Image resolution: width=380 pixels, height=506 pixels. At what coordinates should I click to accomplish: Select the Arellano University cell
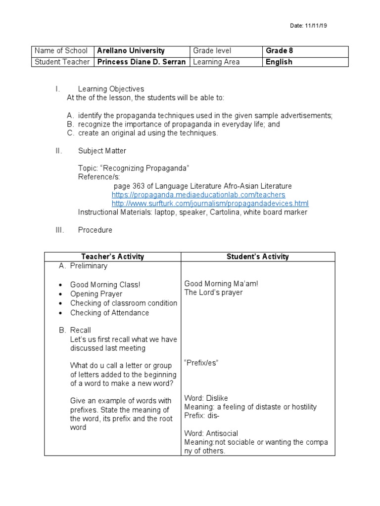click(131, 51)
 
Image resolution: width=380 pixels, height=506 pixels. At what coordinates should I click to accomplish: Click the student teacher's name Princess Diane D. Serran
click(141, 62)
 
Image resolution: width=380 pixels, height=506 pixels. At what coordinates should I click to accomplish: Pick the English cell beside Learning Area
click(279, 62)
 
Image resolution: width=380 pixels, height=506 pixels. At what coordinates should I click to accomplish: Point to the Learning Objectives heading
click(111, 89)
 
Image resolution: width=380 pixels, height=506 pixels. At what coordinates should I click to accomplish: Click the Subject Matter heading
click(102, 151)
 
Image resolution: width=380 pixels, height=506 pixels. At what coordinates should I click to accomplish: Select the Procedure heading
click(95, 230)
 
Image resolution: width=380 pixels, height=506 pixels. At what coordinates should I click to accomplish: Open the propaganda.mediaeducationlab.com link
click(198, 195)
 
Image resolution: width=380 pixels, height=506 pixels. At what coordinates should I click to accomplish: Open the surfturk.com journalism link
click(210, 204)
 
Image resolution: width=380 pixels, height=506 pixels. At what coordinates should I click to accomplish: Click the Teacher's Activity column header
click(112, 256)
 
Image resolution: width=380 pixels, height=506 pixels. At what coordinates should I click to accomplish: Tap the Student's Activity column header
click(257, 256)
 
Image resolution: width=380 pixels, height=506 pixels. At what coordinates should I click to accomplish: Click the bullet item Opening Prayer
click(96, 294)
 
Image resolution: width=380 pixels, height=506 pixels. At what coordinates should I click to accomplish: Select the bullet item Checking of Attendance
click(109, 313)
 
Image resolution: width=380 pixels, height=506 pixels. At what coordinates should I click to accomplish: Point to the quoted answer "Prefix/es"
click(201, 363)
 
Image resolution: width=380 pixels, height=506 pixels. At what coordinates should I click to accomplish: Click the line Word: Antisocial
click(211, 433)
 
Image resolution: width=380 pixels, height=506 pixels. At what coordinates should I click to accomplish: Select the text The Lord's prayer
click(213, 293)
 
